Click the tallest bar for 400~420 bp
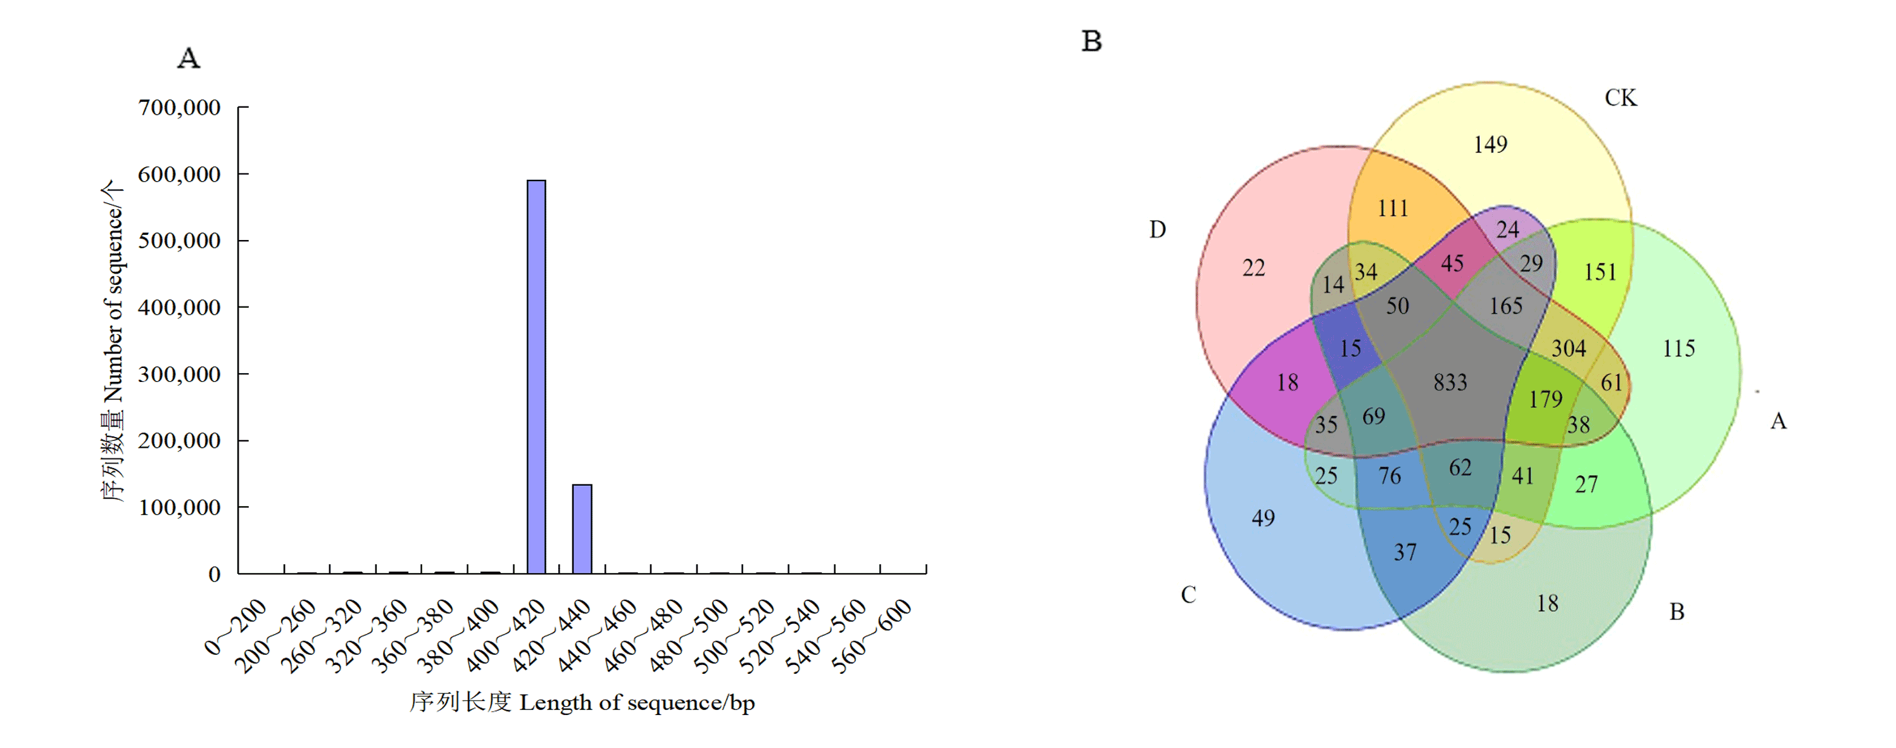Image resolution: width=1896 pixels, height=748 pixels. (536, 377)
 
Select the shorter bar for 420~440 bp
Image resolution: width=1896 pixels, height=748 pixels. (582, 529)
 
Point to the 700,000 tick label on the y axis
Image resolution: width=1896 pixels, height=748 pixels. (179, 108)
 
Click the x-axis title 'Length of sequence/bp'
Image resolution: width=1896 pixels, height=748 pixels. (637, 702)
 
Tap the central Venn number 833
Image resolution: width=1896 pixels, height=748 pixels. (1450, 382)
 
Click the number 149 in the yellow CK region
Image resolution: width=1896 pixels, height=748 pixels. (1490, 144)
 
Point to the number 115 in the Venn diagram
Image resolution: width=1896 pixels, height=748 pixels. (1679, 348)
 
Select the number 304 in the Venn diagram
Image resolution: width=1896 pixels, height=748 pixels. (1569, 348)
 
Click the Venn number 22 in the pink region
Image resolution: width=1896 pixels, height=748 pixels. (1254, 268)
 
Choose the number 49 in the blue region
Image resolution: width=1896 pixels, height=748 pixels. (1264, 518)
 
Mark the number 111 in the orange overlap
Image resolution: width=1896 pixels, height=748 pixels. (1393, 208)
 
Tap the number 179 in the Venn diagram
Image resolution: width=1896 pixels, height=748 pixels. (1545, 399)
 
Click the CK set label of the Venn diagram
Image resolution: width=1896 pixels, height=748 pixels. (1621, 98)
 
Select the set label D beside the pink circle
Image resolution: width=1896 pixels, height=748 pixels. (1158, 230)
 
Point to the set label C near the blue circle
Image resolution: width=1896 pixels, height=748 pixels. (1189, 595)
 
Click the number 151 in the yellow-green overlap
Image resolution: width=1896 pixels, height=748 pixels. (1600, 272)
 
